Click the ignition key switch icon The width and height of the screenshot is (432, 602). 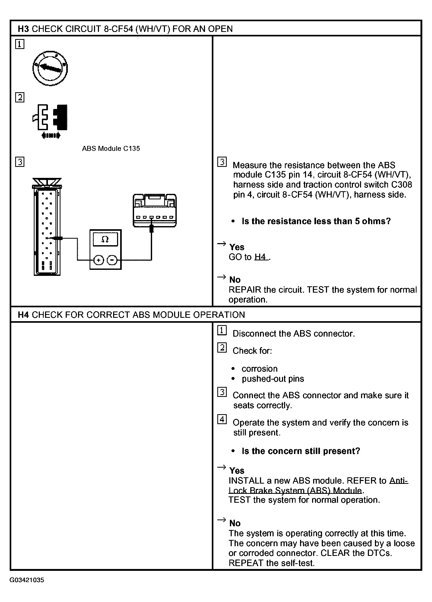50,68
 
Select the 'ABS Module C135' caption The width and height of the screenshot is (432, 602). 111,148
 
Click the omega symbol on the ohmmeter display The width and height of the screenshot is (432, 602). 105,239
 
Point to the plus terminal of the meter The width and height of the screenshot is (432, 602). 99,260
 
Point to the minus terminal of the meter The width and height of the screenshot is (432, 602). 112,260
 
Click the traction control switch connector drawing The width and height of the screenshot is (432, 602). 154,210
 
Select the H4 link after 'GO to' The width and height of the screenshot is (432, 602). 260,257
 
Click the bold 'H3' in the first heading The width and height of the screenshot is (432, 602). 23,29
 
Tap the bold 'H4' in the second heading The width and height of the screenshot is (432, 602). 23,315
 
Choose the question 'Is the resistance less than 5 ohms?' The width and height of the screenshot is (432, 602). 316,221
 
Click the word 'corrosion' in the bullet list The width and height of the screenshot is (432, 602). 259,369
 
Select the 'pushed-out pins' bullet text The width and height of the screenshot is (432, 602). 273,379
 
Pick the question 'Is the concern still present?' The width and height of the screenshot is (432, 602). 301,451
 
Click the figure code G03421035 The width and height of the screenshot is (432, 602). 27,580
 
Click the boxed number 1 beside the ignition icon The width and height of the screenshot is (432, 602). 20,44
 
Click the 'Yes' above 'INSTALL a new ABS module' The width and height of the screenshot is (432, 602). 237,470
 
